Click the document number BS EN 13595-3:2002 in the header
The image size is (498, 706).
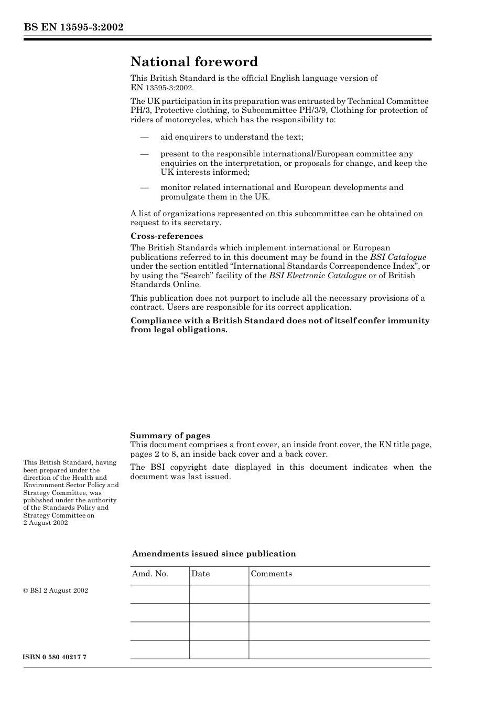73,27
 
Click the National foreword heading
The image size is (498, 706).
194,62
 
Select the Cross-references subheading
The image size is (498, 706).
167,236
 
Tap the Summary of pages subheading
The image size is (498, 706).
170,435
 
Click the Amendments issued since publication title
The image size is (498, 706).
214,554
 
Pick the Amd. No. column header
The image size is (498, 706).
150,574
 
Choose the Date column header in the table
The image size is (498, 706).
200,574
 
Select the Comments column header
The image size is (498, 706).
271,574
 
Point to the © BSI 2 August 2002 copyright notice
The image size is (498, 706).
56,591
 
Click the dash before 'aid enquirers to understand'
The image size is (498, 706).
144,138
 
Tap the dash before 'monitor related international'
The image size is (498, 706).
144,188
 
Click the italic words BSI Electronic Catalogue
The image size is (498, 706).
317,276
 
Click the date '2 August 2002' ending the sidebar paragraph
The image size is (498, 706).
46,523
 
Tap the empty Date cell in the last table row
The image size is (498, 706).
219,650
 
